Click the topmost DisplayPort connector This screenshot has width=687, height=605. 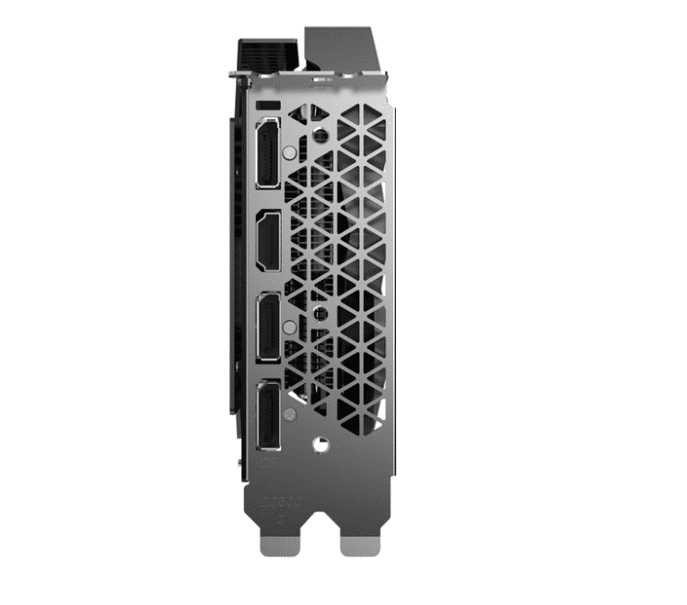tap(268, 154)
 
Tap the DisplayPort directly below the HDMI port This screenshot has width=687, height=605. tap(268, 328)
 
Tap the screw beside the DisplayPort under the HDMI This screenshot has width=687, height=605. tap(291, 327)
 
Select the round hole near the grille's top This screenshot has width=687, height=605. tap(320, 134)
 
